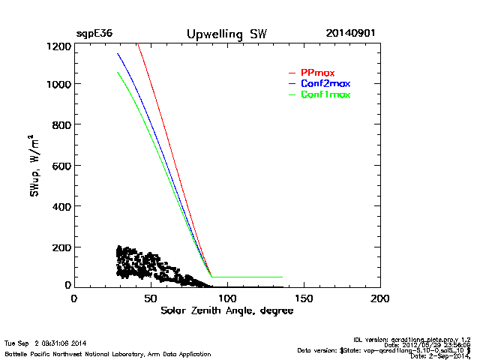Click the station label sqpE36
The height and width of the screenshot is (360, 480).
(x=94, y=34)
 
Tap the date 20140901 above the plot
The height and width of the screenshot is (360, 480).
(x=351, y=34)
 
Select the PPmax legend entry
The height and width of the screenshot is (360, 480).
(x=317, y=73)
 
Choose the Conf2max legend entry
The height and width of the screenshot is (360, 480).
(x=325, y=83)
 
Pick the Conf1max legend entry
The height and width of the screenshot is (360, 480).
(x=325, y=94)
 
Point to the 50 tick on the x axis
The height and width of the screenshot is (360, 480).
(x=151, y=298)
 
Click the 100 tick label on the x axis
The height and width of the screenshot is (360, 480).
(x=227, y=298)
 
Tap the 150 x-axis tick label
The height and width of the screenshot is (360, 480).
(x=304, y=298)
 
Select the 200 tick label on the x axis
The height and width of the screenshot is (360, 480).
(x=380, y=298)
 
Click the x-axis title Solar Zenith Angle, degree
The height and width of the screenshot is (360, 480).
(x=226, y=311)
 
